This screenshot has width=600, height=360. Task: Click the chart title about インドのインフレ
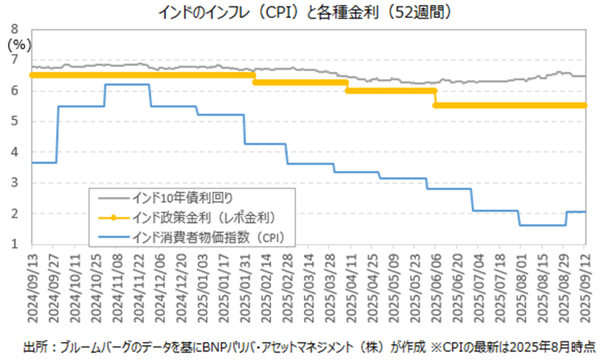(x=300, y=12)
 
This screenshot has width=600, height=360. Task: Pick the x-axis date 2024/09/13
(x=32, y=284)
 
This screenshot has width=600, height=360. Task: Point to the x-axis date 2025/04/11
(x=350, y=284)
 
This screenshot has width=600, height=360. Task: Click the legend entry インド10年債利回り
(x=180, y=195)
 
